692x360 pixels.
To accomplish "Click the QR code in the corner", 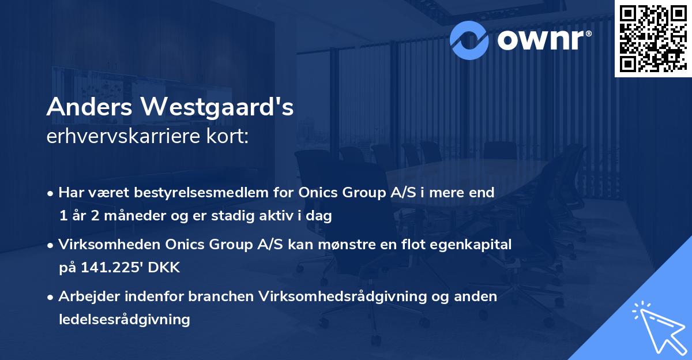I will tap(653, 38).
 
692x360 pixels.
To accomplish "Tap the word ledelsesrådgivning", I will tap(124, 319).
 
